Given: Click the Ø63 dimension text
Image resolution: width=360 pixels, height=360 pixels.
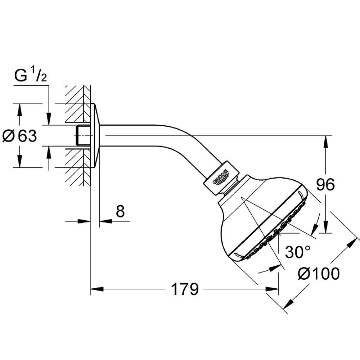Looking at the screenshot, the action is click(x=19, y=136).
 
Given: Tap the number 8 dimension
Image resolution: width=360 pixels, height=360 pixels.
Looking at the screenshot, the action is click(x=120, y=211).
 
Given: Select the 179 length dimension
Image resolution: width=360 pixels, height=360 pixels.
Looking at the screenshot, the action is click(x=185, y=289).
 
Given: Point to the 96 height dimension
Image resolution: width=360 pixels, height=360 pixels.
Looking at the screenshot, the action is click(x=325, y=185).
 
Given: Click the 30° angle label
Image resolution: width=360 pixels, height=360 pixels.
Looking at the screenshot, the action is click(x=298, y=252).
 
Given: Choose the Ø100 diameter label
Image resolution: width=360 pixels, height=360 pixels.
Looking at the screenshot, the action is click(x=319, y=274).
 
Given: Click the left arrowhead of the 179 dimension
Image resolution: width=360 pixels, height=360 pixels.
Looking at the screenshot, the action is click(x=97, y=289).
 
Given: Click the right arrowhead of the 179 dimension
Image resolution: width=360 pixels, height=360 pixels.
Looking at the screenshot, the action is click(x=272, y=289).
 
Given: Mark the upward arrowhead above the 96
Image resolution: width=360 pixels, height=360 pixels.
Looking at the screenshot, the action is click(x=325, y=142).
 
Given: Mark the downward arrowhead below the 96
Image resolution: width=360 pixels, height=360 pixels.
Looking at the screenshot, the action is click(x=325, y=226).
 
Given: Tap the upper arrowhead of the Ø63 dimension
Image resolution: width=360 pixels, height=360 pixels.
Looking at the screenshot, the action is click(x=19, y=111).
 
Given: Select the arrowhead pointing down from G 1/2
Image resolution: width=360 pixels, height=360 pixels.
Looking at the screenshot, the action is click(x=49, y=119).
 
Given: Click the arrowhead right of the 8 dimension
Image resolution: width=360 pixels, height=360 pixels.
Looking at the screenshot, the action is click(x=106, y=221).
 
